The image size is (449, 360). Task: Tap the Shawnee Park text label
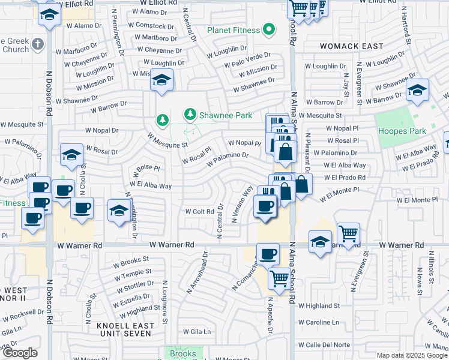(226, 115)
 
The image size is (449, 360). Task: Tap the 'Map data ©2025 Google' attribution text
(412, 355)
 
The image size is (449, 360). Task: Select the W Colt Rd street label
(199, 212)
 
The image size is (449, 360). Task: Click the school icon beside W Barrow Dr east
(417, 90)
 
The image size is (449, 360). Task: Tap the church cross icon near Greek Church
(37, 43)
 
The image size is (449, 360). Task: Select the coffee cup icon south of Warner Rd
(268, 253)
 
